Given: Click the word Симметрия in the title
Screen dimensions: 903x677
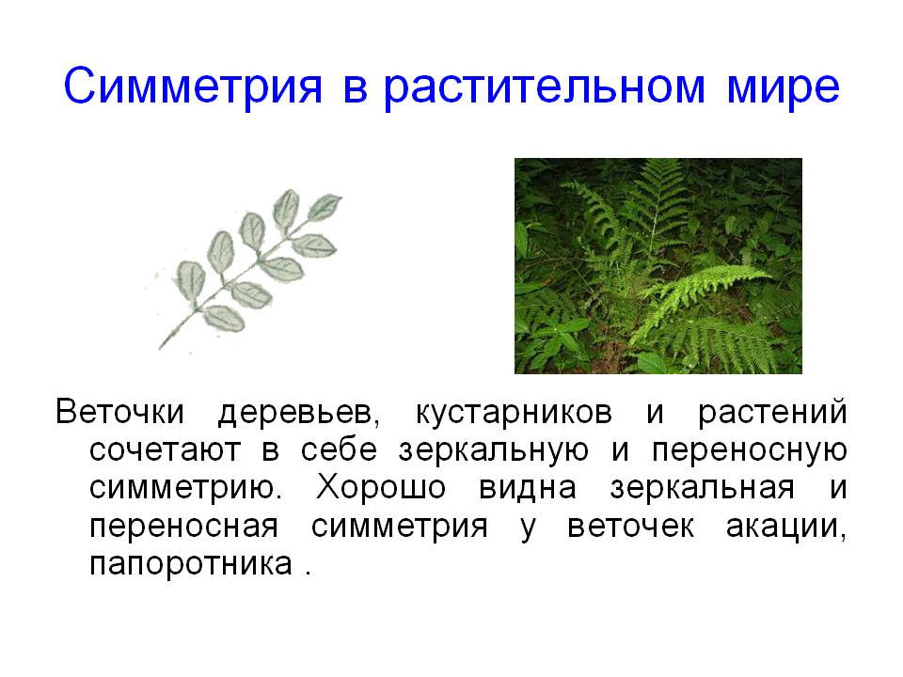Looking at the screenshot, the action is pos(193,87).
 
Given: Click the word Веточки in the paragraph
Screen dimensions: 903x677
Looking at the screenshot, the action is pos(119,412).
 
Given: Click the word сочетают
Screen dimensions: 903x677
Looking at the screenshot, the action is pos(165,450).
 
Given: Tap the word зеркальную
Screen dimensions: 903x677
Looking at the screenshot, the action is pos(494,450).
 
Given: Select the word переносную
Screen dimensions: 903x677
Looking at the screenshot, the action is pos(750,450).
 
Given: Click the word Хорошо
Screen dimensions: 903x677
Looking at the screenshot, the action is pos(381,488).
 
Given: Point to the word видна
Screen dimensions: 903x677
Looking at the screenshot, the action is pos(528,488).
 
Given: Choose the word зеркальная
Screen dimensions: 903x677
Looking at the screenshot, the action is pos(702,488).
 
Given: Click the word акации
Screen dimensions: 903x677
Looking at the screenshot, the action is pos(786,527).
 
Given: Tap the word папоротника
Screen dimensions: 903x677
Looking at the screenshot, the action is pos(191,564).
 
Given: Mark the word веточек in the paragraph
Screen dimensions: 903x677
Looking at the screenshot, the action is pos(630,527).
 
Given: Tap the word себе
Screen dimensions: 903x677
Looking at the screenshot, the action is pos(339,450).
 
